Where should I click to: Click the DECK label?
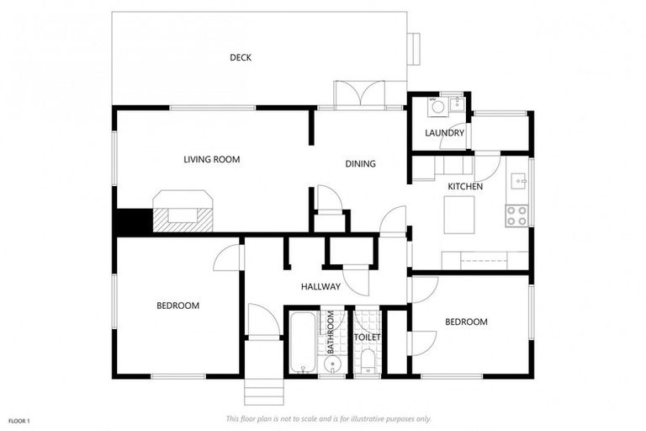point(241,57)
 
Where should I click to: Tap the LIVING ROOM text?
point(212,159)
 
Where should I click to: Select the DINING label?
point(360,164)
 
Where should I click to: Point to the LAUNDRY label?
point(444,133)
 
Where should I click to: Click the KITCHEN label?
point(464,186)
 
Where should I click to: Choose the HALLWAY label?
point(320,287)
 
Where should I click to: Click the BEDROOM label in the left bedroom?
point(177,306)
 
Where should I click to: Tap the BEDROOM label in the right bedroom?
point(466,322)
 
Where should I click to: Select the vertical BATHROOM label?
point(331,333)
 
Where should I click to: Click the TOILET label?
point(367,338)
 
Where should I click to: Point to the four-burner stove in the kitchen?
point(516,216)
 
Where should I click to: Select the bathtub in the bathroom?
point(301,343)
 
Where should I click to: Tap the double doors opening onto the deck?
point(359,94)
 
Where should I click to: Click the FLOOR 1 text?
point(19,419)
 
